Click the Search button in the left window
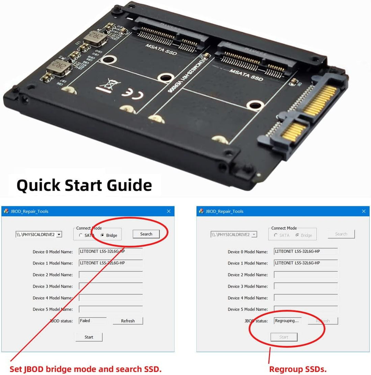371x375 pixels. (x=146, y=234)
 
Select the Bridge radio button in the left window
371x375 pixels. (x=103, y=235)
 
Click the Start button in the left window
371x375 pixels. (x=89, y=337)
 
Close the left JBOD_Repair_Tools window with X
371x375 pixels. (x=169, y=211)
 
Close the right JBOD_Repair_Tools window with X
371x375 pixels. (x=364, y=211)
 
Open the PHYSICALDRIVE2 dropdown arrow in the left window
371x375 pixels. (x=59, y=235)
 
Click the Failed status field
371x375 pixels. (x=92, y=321)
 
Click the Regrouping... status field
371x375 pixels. (x=287, y=321)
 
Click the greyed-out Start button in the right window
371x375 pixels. (x=284, y=337)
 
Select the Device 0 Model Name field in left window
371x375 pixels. (x=110, y=251)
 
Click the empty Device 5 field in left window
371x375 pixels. (x=110, y=309)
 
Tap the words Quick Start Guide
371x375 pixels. (x=84, y=185)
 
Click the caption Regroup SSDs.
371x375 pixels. (x=297, y=369)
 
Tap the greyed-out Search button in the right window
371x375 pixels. (x=341, y=234)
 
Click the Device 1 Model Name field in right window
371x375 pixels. (x=305, y=263)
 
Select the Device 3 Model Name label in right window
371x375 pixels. (x=247, y=286)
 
